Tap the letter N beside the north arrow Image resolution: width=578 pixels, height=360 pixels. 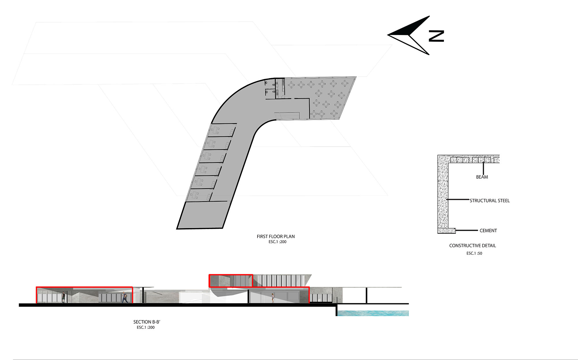tap(436, 36)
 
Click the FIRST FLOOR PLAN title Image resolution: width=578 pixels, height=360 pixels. tap(276, 237)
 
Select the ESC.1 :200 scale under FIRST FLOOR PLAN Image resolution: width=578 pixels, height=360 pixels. tap(277, 242)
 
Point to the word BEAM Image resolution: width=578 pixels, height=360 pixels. tap(482, 177)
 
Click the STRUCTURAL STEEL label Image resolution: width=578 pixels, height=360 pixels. tap(490, 201)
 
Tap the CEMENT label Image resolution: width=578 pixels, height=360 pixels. tap(488, 230)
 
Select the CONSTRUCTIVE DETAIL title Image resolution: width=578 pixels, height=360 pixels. tap(473, 245)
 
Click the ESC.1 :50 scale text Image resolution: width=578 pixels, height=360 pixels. tap(474, 253)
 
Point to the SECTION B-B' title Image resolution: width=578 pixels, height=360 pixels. tap(147, 322)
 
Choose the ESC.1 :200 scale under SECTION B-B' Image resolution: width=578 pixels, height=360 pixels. tap(146, 327)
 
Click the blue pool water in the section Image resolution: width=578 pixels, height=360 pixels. tap(373, 313)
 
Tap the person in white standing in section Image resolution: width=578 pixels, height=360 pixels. tap(272, 298)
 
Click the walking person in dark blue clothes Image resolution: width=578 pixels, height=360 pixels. tap(125, 297)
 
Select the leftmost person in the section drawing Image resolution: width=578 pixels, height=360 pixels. tap(63, 297)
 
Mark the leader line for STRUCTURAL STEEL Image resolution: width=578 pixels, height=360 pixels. tap(458, 200)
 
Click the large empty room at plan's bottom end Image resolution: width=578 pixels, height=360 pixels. tap(204, 215)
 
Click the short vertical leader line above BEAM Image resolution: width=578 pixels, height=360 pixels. tap(483, 168)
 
